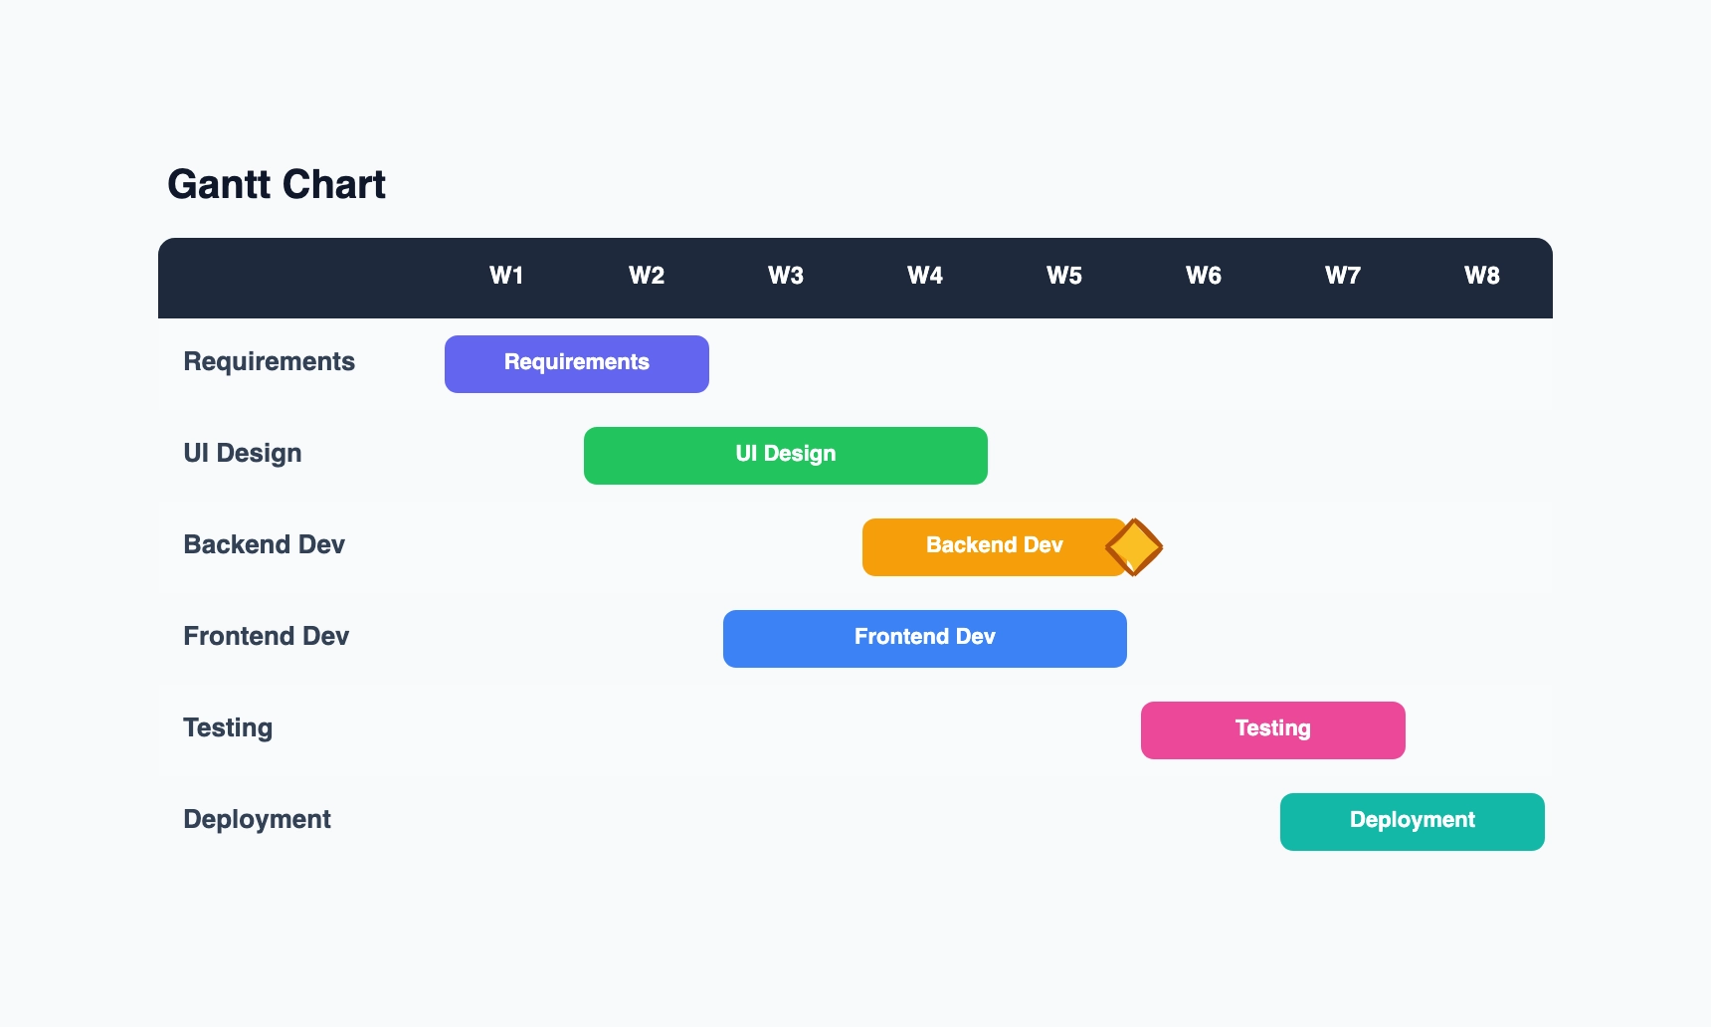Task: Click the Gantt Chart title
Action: pos(277,185)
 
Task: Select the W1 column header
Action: pos(506,276)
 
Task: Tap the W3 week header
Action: pos(785,276)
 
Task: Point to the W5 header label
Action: pos(1063,276)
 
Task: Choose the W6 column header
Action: pos(1203,276)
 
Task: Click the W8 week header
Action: pos(1481,276)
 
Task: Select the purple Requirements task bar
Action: pos(576,364)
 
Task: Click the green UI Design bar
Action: pos(785,456)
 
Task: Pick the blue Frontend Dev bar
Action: pos(924,639)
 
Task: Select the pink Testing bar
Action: pos(1272,730)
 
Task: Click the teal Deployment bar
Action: pos(1412,822)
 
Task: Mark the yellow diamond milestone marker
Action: pos(1134,547)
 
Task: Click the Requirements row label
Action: pos(269,362)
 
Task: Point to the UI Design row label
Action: pos(242,454)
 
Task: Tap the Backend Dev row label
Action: pos(264,545)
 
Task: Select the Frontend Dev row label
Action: pos(266,637)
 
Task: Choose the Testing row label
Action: pos(228,728)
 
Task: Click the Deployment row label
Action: pos(257,820)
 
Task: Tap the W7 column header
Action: pos(1342,276)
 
